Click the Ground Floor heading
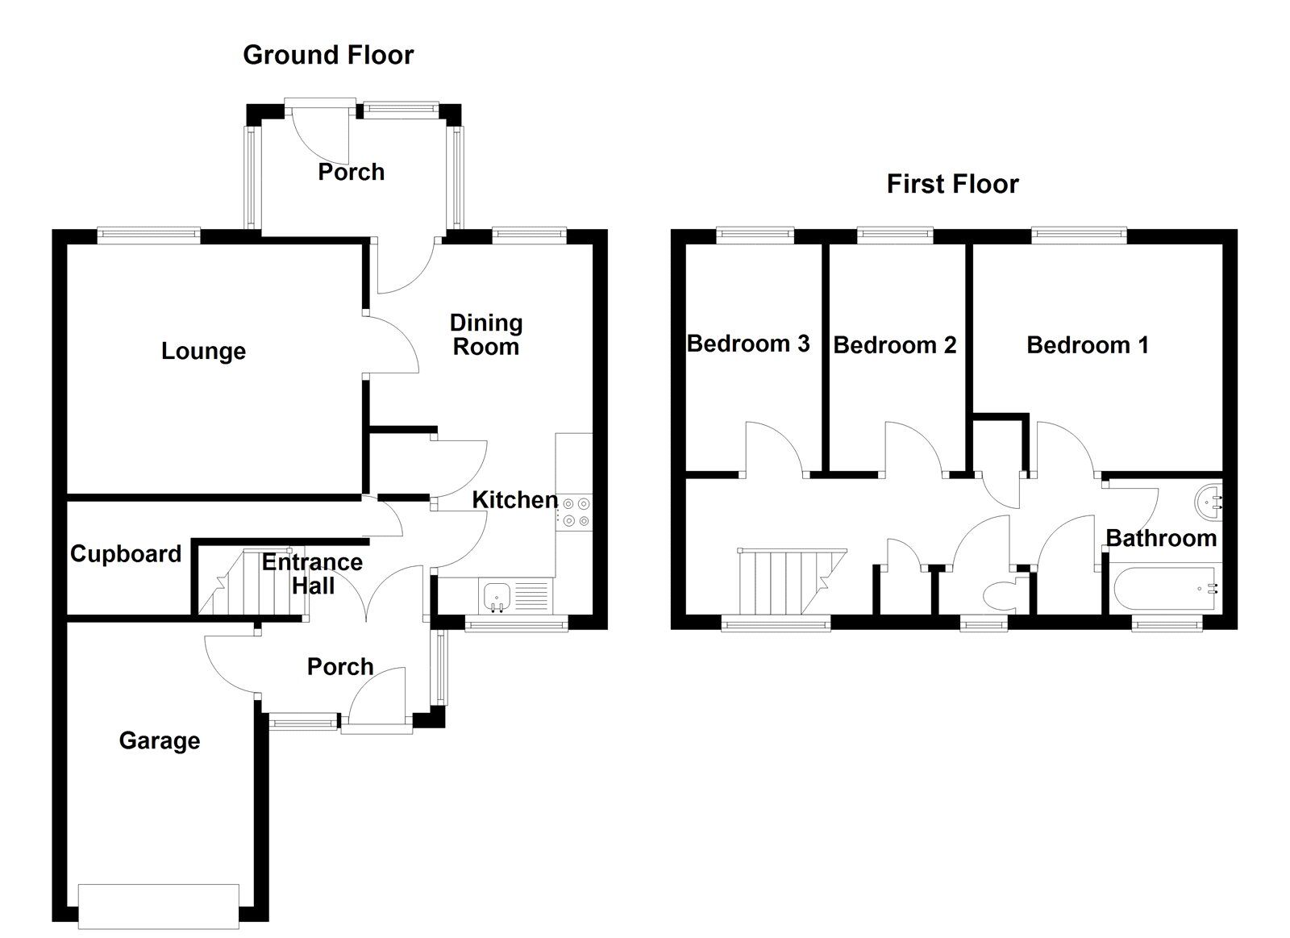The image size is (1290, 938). pos(328,55)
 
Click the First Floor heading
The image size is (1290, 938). pos(952,184)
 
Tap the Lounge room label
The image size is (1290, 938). pos(203,351)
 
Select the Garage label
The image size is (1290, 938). pos(159,740)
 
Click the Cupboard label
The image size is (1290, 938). pos(125,554)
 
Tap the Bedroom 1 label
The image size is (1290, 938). pos(1087,345)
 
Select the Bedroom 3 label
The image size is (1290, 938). pos(747,344)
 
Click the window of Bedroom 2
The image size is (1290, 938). pos(894,236)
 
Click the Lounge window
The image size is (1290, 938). pos(148,236)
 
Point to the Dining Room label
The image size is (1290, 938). pos(485,335)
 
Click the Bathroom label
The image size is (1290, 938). pos(1160,538)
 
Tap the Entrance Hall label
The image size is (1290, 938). pos(312,573)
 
